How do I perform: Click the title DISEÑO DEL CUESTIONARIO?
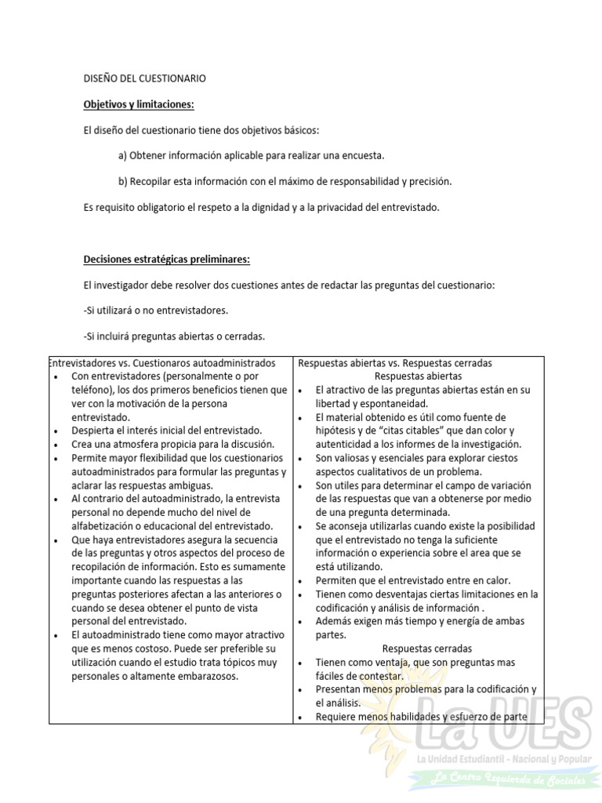pyautogui.click(x=144, y=78)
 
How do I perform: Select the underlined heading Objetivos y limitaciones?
pyautogui.click(x=139, y=104)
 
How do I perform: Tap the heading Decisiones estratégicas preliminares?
pyautogui.click(x=166, y=260)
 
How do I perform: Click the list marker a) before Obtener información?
pyautogui.click(x=123, y=156)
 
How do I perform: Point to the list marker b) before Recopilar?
pyautogui.click(x=123, y=182)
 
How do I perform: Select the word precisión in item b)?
pyautogui.click(x=431, y=182)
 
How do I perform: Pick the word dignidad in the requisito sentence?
pyautogui.click(x=292, y=208)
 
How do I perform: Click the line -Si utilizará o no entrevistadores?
pyautogui.click(x=155, y=311)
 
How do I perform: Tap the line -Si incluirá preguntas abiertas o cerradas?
pyautogui.click(x=174, y=336)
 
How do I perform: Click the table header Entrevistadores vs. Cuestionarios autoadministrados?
pyautogui.click(x=162, y=363)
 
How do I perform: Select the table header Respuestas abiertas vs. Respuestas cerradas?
pyautogui.click(x=395, y=363)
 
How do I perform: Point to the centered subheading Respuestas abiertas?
pyautogui.click(x=418, y=376)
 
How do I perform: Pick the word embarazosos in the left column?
pyautogui.click(x=210, y=676)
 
